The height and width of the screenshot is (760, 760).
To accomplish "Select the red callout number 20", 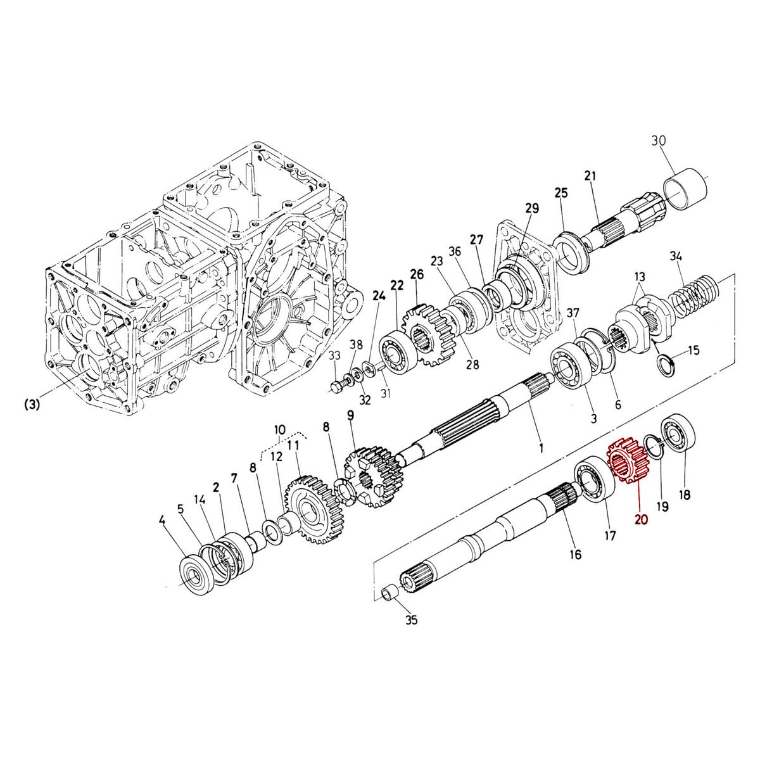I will (641, 520).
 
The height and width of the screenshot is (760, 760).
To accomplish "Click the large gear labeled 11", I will (310, 507).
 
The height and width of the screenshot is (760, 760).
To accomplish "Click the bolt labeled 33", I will (336, 386).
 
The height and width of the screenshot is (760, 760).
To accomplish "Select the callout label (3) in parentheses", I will (32, 404).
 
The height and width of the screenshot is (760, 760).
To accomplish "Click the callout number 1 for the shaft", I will (541, 448).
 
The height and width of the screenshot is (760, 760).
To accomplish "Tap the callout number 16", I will (575, 555).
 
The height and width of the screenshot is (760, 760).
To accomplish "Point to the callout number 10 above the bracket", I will (279, 430).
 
